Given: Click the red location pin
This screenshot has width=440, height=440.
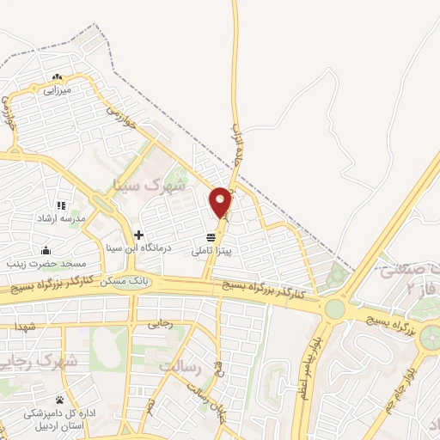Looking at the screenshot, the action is [x=221, y=202].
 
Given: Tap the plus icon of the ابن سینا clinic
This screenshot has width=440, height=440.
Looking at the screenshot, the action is [x=137, y=235].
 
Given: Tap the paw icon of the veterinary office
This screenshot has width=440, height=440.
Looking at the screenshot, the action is [x=59, y=400].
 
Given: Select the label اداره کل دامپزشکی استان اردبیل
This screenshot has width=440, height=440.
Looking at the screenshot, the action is [x=59, y=418].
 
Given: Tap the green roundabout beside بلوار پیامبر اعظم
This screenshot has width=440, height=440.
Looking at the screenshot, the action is [x=334, y=309].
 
